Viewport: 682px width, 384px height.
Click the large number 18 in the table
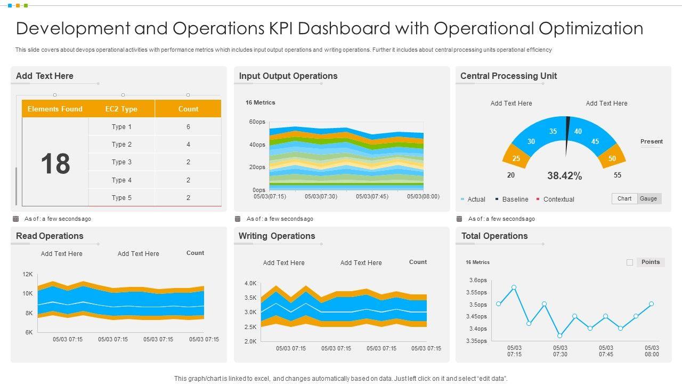pos(55,163)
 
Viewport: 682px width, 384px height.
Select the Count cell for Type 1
pos(188,127)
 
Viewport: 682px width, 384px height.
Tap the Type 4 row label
pos(121,180)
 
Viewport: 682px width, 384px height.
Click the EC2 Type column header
pos(121,109)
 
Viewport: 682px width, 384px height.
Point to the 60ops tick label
pos(257,122)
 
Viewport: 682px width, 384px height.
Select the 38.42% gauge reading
pos(564,175)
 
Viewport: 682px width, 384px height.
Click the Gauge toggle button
pos(648,198)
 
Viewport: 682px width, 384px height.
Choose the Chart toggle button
pos(624,198)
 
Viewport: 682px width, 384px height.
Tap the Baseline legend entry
pos(515,199)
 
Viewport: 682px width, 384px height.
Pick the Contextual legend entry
pos(558,199)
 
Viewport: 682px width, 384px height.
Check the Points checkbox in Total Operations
pos(630,262)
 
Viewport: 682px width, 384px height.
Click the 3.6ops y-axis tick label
pos(478,281)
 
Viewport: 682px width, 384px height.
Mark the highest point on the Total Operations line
pos(514,287)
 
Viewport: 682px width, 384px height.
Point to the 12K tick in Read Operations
pos(28,274)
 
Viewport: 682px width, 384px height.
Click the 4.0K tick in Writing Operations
pos(250,283)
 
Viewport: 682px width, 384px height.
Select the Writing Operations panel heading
pos(277,236)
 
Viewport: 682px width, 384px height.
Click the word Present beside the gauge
pos(651,141)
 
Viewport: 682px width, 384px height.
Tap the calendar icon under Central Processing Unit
pos(459,219)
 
